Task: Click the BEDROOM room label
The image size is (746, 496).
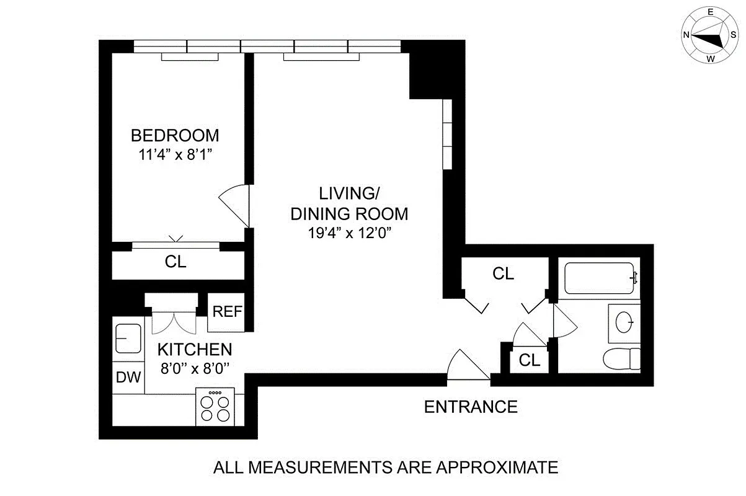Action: pyautogui.click(x=175, y=135)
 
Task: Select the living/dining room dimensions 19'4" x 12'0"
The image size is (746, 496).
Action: pyautogui.click(x=349, y=233)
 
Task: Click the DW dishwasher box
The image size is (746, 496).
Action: pyautogui.click(x=128, y=377)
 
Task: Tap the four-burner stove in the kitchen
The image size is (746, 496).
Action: pyautogui.click(x=214, y=407)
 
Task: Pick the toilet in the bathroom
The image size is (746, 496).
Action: pyautogui.click(x=622, y=358)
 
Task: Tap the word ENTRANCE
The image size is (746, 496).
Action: pyautogui.click(x=471, y=407)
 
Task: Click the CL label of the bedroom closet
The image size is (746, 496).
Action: pyautogui.click(x=175, y=262)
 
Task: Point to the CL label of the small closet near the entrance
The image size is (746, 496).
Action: pyautogui.click(x=530, y=360)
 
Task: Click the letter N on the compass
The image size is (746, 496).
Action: pyautogui.click(x=687, y=35)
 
